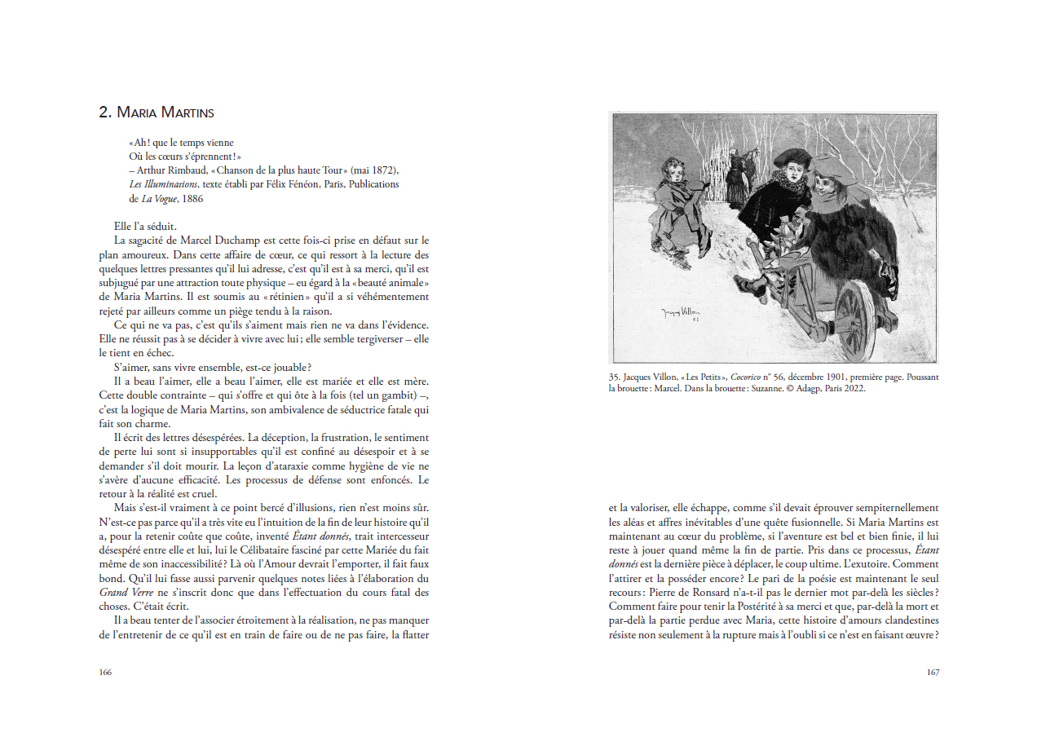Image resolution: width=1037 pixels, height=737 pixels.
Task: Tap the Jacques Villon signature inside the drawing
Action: pyautogui.click(x=682, y=314)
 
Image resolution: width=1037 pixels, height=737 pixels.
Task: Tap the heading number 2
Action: pyautogui.click(x=104, y=113)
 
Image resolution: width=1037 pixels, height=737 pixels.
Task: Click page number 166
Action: pyautogui.click(x=105, y=673)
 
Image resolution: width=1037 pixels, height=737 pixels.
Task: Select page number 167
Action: pyautogui.click(x=933, y=673)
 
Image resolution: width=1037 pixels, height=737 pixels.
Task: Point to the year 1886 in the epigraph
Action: pyautogui.click(x=192, y=198)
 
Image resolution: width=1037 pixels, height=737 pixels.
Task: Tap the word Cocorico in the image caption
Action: pyautogui.click(x=747, y=377)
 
